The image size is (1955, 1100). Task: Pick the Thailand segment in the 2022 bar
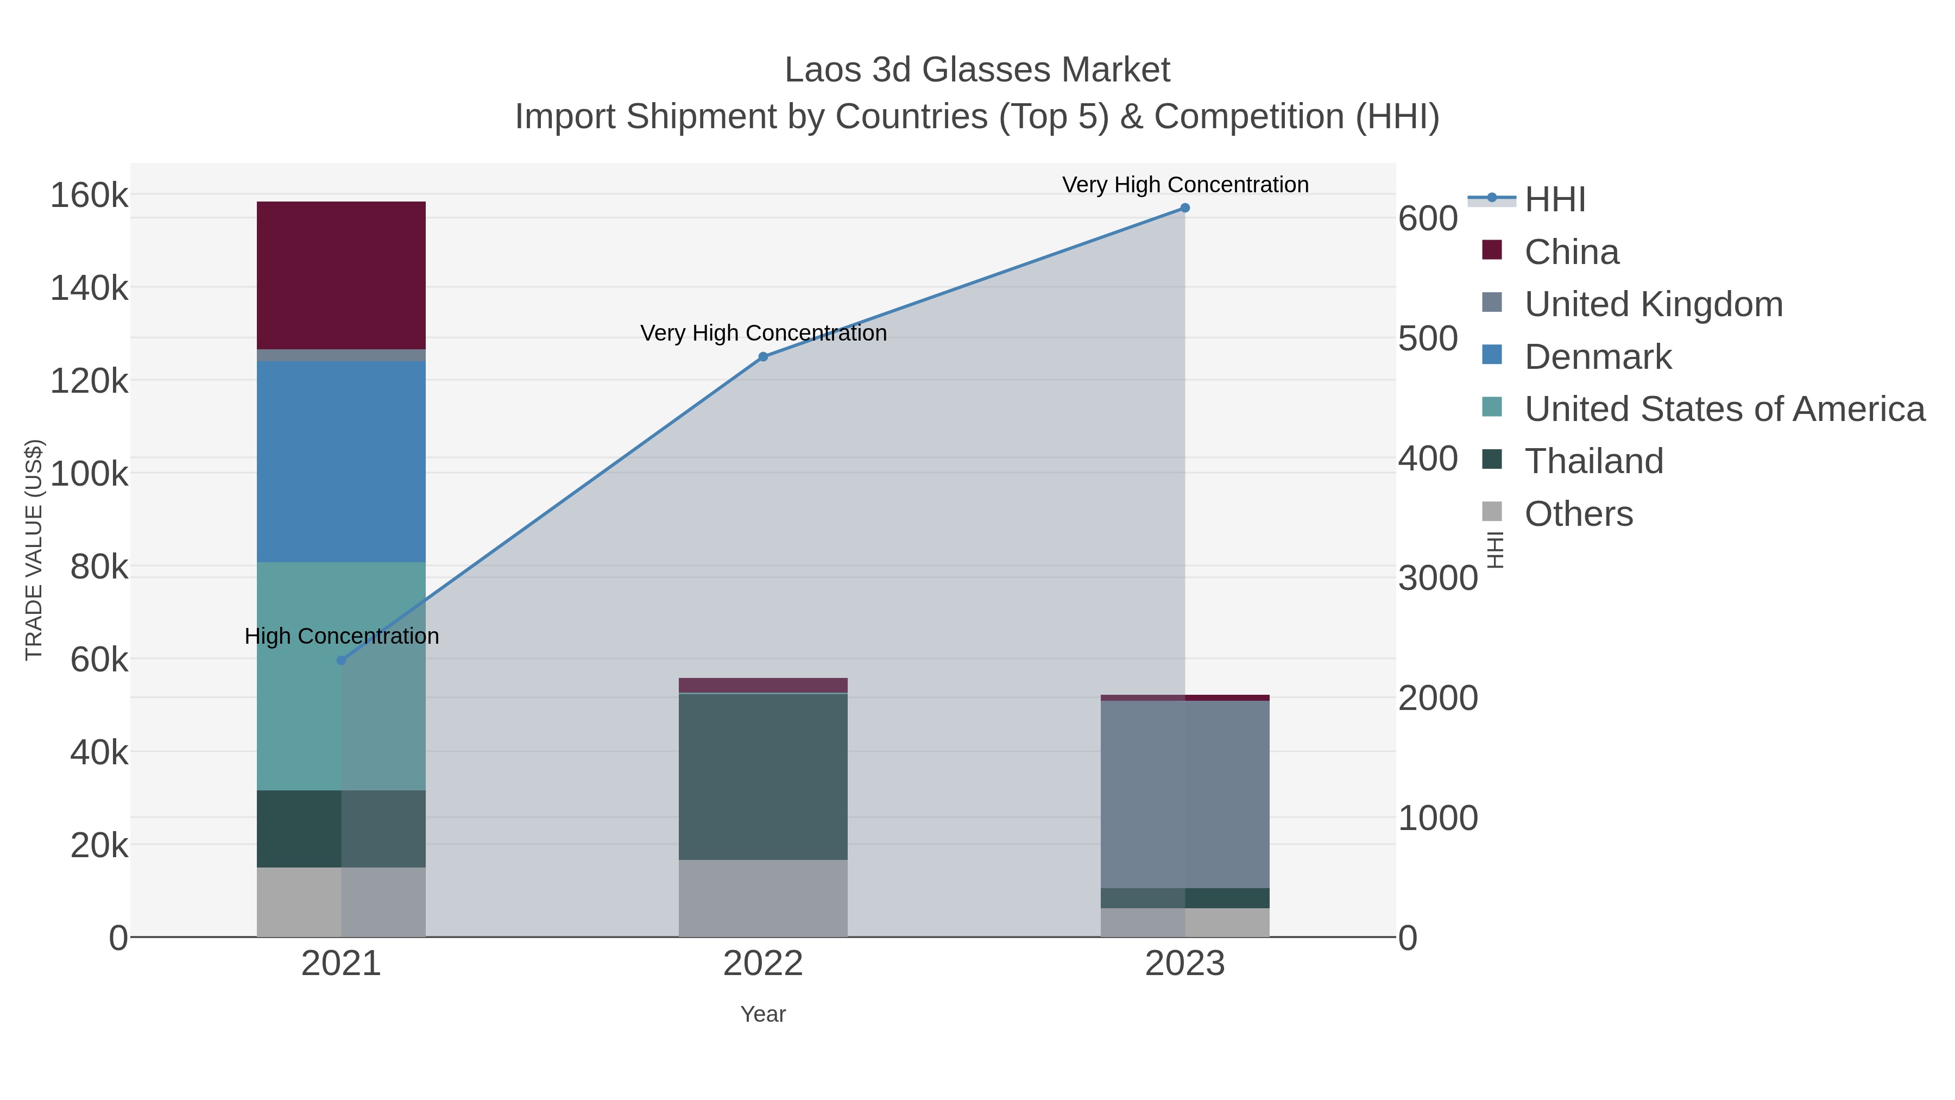coord(763,776)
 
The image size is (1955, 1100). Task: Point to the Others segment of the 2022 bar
coord(763,897)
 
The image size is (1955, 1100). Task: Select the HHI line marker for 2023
coord(1185,208)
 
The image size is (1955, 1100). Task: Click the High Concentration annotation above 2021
coord(342,636)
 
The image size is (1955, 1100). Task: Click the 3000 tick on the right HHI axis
coord(1437,579)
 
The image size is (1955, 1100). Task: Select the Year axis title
coord(763,1014)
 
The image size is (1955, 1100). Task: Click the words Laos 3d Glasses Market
coord(977,70)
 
